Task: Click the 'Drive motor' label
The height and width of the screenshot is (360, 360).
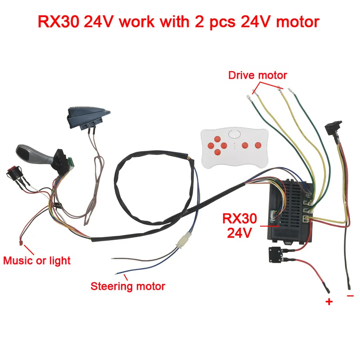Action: click(x=257, y=75)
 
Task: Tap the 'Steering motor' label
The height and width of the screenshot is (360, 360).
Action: click(x=128, y=286)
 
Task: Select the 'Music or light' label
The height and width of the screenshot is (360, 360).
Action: click(x=37, y=260)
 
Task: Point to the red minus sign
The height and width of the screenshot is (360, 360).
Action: click(x=351, y=296)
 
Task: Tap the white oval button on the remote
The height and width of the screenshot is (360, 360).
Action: click(x=234, y=133)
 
